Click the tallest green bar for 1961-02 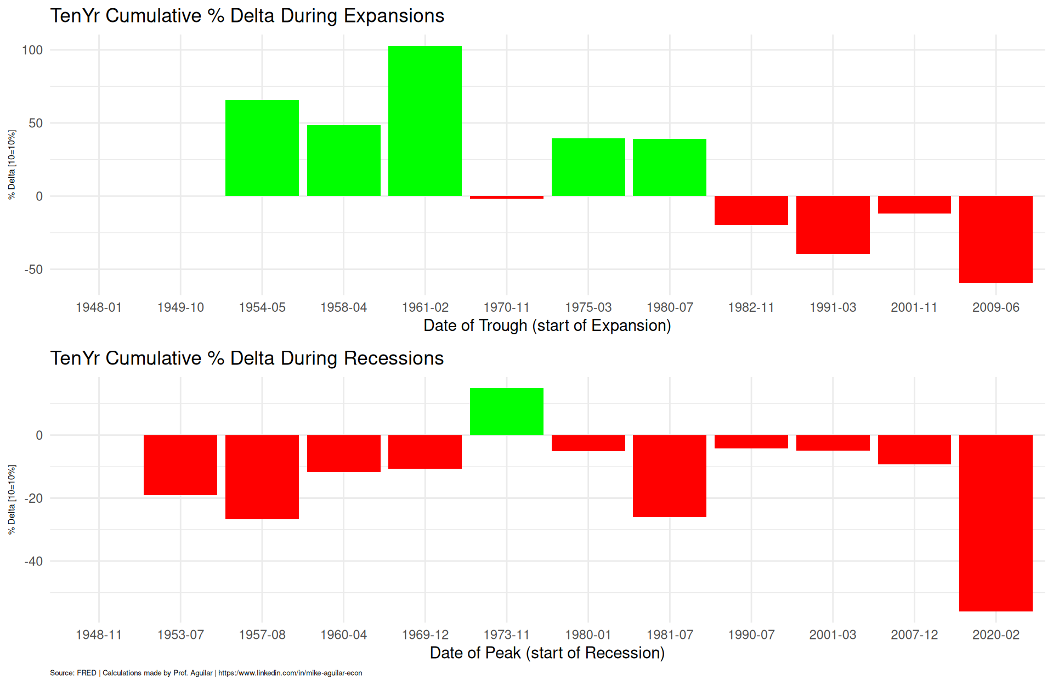tap(425, 121)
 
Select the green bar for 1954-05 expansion tap(262, 148)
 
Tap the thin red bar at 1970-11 tap(507, 197)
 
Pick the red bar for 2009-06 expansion tap(996, 239)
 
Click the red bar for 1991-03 tap(833, 225)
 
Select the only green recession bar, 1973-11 tap(507, 412)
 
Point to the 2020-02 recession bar tap(996, 523)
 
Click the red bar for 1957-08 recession tap(262, 477)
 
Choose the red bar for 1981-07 tap(670, 476)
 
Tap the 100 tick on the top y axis tap(32, 50)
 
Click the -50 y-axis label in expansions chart tap(33, 269)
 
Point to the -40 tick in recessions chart tap(33, 562)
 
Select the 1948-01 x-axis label tap(99, 307)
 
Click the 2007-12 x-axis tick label tap(914, 635)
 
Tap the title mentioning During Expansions tap(247, 16)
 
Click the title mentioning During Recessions tap(247, 358)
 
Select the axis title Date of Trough tap(547, 325)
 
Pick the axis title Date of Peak tap(547, 653)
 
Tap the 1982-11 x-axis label tap(751, 307)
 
